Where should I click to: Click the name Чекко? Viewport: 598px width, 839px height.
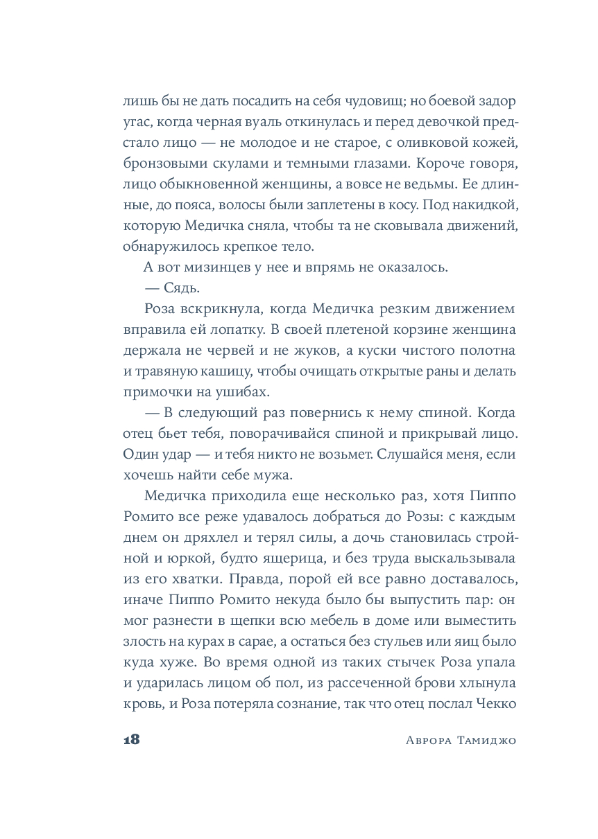tap(495, 705)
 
